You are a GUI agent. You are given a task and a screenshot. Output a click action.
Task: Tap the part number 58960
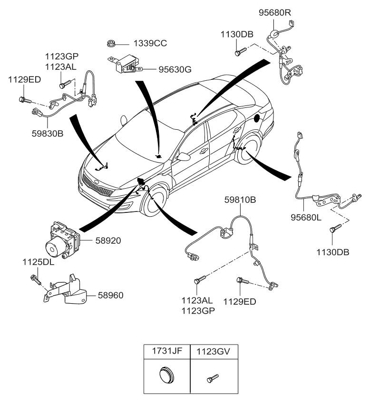tap(110, 295)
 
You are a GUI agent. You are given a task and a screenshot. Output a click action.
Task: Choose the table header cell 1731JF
tap(166, 352)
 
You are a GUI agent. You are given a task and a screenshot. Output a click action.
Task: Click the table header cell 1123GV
tap(214, 352)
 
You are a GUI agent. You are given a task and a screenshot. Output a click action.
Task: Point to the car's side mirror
tap(184, 157)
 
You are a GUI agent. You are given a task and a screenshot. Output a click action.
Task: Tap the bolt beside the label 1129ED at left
tap(24, 100)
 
